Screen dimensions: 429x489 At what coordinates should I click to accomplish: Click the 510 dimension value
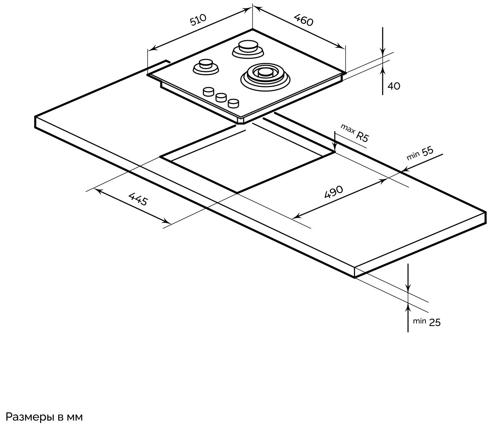pos(198,20)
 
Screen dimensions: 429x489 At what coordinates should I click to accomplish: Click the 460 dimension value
pos(304,20)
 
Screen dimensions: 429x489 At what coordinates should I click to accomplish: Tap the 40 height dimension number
pos(394,86)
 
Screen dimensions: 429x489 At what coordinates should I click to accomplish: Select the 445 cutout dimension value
pos(138,199)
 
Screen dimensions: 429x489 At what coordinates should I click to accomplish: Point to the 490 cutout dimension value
pos(334,193)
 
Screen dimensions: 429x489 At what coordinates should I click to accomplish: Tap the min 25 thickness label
pos(427,322)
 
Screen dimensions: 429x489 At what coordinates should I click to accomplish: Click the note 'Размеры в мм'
pos(44,417)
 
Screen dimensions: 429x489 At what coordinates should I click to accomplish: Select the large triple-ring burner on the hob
pos(265,75)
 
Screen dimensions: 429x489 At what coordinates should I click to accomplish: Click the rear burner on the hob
pos(248,48)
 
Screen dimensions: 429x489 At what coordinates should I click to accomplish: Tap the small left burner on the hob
pos(206,66)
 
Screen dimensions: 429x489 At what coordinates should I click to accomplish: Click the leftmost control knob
pos(208,92)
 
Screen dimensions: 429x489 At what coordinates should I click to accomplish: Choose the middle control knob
pos(221,98)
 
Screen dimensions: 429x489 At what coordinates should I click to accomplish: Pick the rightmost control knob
pos(233,103)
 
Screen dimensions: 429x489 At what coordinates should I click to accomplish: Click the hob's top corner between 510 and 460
pos(253,29)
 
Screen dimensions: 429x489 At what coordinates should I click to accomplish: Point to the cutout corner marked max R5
pos(335,152)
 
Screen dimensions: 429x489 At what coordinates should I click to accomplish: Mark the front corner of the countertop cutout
pos(237,193)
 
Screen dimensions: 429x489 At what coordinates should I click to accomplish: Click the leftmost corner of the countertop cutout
pos(161,157)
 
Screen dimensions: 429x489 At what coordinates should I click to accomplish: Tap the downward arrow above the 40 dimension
pos(383,50)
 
